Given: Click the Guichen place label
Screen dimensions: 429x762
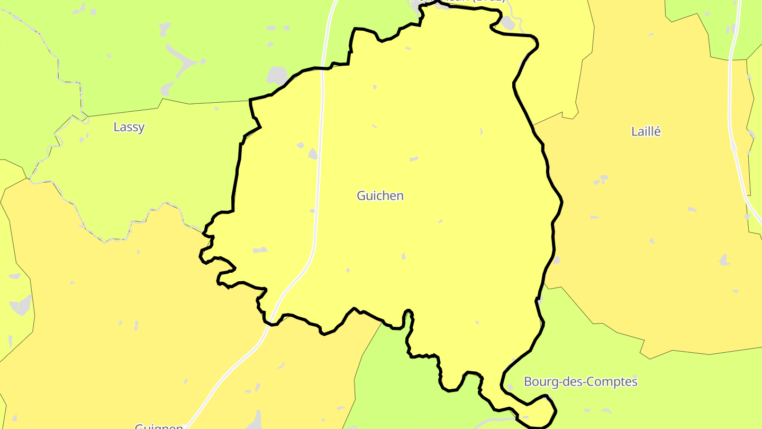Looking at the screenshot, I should (x=380, y=195).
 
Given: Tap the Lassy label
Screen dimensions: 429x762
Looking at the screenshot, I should (x=129, y=127).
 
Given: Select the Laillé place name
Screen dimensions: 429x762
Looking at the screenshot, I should (x=646, y=131).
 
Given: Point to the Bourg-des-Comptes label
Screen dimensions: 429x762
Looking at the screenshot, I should (x=580, y=381).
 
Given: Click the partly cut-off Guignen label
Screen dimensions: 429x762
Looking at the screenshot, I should (x=159, y=426).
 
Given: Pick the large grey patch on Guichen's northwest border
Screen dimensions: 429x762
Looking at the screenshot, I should (x=277, y=76).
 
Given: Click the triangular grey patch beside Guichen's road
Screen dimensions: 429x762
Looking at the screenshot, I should (x=312, y=154).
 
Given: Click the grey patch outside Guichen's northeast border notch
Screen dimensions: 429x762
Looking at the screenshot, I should (x=507, y=23).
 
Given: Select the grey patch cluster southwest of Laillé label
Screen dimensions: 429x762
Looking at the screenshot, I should (x=601, y=180).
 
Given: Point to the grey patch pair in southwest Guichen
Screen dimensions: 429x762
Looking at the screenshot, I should (x=260, y=249).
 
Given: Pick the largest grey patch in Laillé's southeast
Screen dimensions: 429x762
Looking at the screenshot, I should (x=724, y=260).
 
